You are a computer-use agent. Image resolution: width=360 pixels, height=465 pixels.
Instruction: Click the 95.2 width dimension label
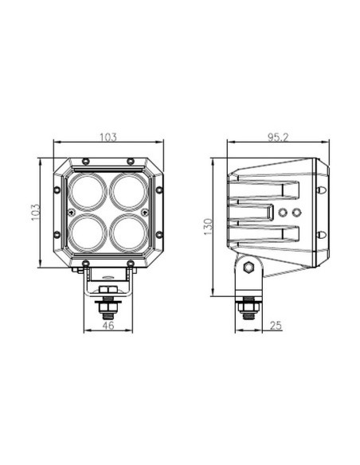[278, 138]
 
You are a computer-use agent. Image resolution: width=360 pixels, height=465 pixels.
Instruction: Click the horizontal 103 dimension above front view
[108, 138]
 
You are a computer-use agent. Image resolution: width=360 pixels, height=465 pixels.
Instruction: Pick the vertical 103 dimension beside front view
[35, 213]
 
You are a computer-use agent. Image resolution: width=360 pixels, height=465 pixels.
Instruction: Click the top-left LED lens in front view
[88, 191]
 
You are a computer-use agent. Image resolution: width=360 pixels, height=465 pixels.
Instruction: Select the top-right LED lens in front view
[127, 191]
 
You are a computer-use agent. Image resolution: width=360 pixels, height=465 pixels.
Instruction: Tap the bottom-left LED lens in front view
[88, 233]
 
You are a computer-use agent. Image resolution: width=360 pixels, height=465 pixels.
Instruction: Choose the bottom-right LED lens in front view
[127, 233]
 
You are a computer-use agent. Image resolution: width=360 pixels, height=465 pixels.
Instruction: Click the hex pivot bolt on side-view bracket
[248, 268]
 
